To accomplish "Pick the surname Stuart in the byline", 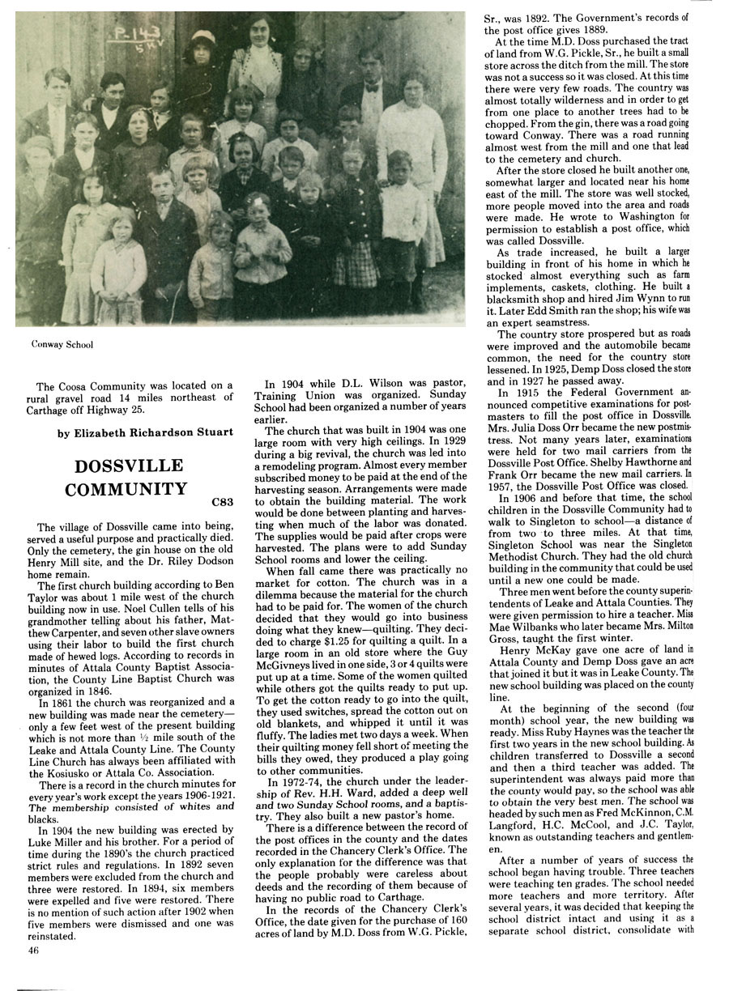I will coord(212,432).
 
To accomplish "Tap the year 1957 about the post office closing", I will coord(503,486).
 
